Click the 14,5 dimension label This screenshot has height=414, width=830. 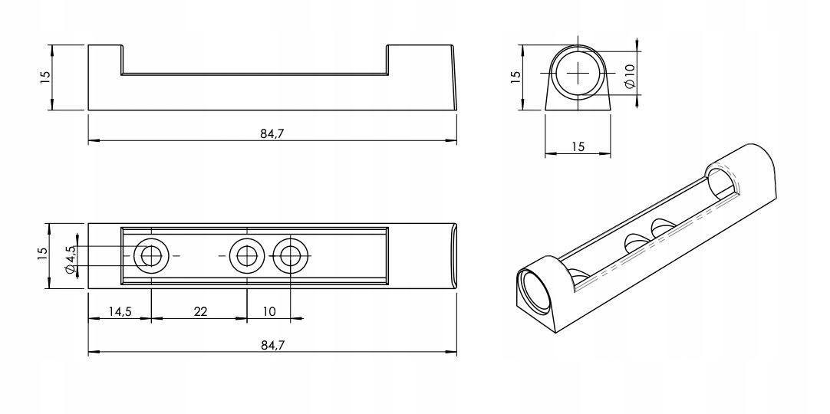pyautogui.click(x=119, y=312)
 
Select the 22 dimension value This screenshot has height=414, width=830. pyautogui.click(x=199, y=312)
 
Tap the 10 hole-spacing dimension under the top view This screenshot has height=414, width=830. pyautogui.click(x=269, y=312)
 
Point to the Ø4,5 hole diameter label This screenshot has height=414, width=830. pyautogui.click(x=69, y=258)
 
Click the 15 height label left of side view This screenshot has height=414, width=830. pyautogui.click(x=44, y=77)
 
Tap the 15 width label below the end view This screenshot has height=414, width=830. pyautogui.click(x=578, y=146)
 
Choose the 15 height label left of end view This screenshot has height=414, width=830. pyautogui.click(x=515, y=77)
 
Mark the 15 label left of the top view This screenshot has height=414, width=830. pyautogui.click(x=44, y=255)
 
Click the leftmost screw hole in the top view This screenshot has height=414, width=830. pyautogui.click(x=151, y=255)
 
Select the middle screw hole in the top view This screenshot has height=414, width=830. pyautogui.click(x=247, y=255)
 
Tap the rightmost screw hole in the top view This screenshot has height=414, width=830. pyautogui.click(x=291, y=255)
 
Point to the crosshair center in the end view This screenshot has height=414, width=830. pyautogui.click(x=578, y=73)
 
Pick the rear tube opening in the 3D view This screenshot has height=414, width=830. pyautogui.click(x=719, y=185)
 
